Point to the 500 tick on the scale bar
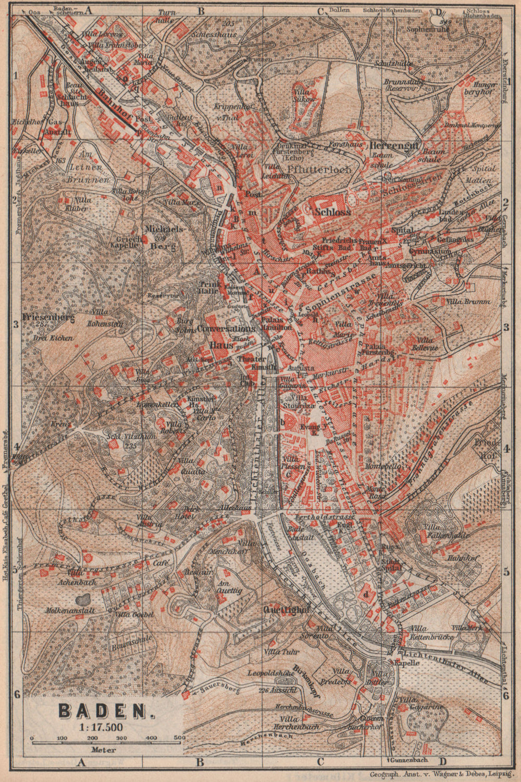pos(179,738)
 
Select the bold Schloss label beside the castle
pos(333,212)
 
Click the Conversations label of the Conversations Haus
pos(226,329)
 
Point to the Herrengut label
pos(394,145)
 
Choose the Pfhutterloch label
pos(319,169)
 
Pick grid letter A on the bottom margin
pos(81,763)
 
